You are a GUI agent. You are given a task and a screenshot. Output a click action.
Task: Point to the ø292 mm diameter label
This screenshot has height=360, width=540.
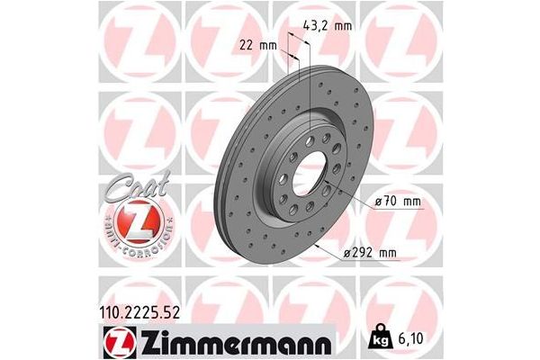click(x=370, y=254)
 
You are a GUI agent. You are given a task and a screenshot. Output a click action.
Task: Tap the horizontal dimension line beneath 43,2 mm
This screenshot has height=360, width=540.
click(x=301, y=38)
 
